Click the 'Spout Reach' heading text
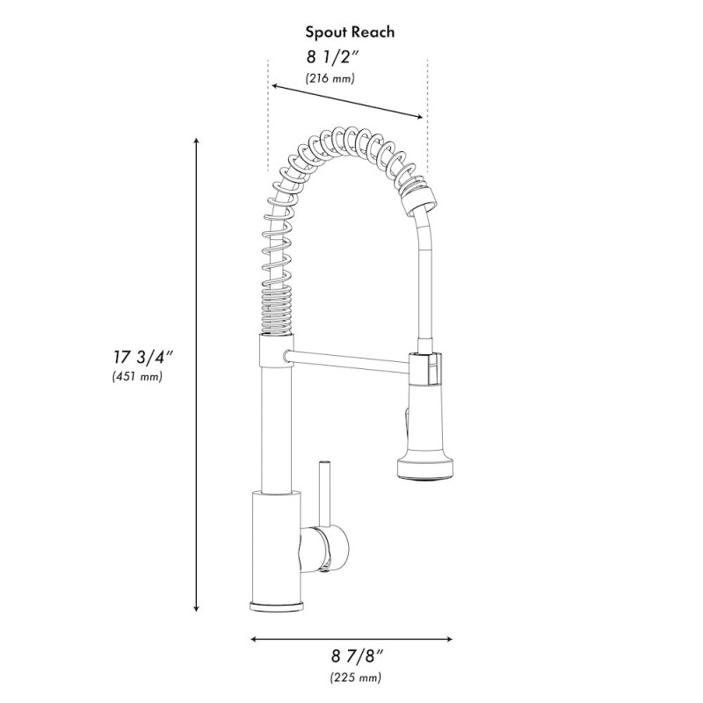[x=350, y=33]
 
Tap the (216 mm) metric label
[x=330, y=79]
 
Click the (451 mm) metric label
[x=137, y=377]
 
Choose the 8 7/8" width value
[x=357, y=656]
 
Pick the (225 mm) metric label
[x=356, y=677]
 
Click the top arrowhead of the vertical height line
[x=196, y=141]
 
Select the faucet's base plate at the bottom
[x=279, y=607]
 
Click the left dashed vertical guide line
[x=266, y=114]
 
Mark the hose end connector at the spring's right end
[x=417, y=198]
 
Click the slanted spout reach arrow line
[x=347, y=101]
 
